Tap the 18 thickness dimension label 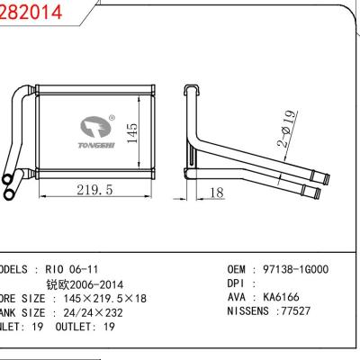216,192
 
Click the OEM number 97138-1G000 296,269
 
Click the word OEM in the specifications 236,269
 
